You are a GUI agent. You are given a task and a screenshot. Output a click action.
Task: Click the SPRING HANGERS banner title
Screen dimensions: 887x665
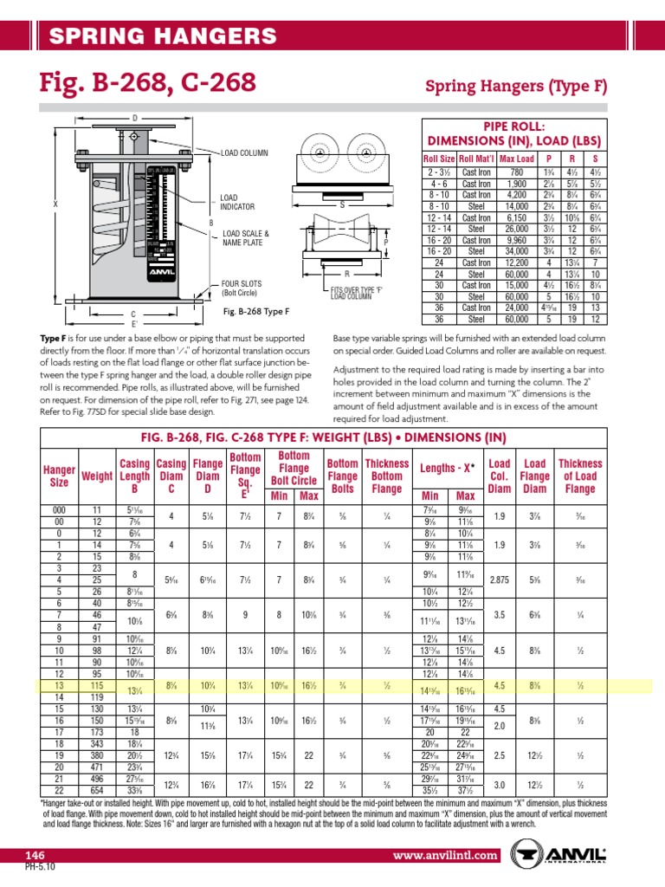(163, 36)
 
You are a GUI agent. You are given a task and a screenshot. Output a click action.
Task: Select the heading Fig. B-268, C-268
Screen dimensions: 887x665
(148, 83)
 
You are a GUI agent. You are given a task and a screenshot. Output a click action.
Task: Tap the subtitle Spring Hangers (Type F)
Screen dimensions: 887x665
(516, 87)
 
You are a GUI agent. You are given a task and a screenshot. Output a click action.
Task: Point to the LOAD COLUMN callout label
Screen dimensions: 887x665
(246, 152)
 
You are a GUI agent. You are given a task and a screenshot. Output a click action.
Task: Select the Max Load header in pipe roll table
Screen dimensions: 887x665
(516, 159)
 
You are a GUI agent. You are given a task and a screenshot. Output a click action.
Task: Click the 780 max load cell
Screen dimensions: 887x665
(516, 172)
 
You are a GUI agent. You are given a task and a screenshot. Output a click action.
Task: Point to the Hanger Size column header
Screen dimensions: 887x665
(59, 476)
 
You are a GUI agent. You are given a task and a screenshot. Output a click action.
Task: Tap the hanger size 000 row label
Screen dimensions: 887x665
(59, 509)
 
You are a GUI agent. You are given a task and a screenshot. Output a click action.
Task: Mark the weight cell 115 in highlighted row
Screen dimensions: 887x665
(97, 686)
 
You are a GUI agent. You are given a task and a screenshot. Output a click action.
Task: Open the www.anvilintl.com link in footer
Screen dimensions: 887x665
(446, 855)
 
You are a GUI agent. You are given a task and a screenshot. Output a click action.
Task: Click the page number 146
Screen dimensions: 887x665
(34, 855)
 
